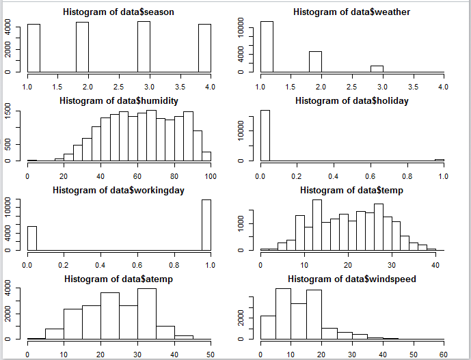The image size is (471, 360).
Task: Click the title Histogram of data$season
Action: pyautogui.click(x=119, y=12)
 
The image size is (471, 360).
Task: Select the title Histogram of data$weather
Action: pyautogui.click(x=352, y=12)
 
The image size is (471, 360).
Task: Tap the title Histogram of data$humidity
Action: pyautogui.click(x=119, y=101)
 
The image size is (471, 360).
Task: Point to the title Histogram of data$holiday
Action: pyautogui.click(x=352, y=101)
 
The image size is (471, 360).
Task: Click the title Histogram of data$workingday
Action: pyautogui.click(x=119, y=190)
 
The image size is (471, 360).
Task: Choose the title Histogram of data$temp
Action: pyautogui.click(x=352, y=190)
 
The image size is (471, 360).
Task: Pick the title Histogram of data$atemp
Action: pyautogui.click(x=119, y=279)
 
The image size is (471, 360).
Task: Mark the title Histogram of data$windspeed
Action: pyautogui.click(x=352, y=279)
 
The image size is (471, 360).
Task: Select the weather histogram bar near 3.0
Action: pyautogui.click(x=377, y=68)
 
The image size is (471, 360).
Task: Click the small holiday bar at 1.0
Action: pyautogui.click(x=440, y=160)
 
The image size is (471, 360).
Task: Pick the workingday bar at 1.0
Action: pyautogui.click(x=206, y=225)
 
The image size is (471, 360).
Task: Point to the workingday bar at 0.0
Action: pyautogui.click(x=32, y=238)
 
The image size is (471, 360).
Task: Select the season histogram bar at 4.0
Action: pyautogui.click(x=204, y=48)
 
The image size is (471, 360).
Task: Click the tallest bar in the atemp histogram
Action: pyautogui.click(x=147, y=314)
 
